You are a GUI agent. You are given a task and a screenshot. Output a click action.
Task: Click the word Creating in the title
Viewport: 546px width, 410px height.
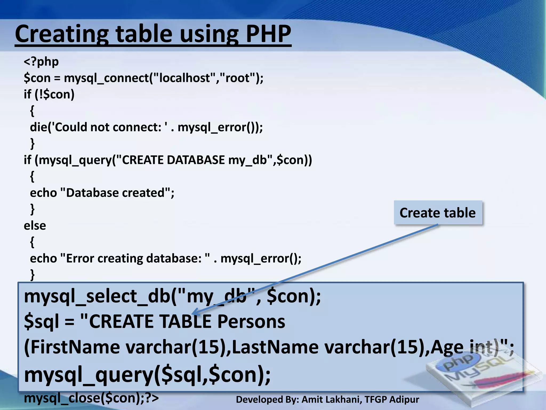click(x=61, y=34)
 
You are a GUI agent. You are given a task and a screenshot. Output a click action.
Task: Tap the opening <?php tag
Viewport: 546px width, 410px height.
click(x=41, y=62)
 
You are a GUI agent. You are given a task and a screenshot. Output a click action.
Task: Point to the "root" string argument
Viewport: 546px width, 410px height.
click(x=238, y=78)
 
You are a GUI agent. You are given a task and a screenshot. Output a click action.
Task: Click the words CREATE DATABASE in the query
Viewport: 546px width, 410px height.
click(x=173, y=160)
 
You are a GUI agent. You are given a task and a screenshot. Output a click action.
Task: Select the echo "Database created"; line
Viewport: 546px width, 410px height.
click(x=102, y=193)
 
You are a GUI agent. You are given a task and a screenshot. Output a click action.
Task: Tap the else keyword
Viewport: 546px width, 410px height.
click(x=35, y=226)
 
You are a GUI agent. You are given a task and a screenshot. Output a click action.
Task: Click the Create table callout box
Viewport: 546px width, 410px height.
click(x=438, y=213)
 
